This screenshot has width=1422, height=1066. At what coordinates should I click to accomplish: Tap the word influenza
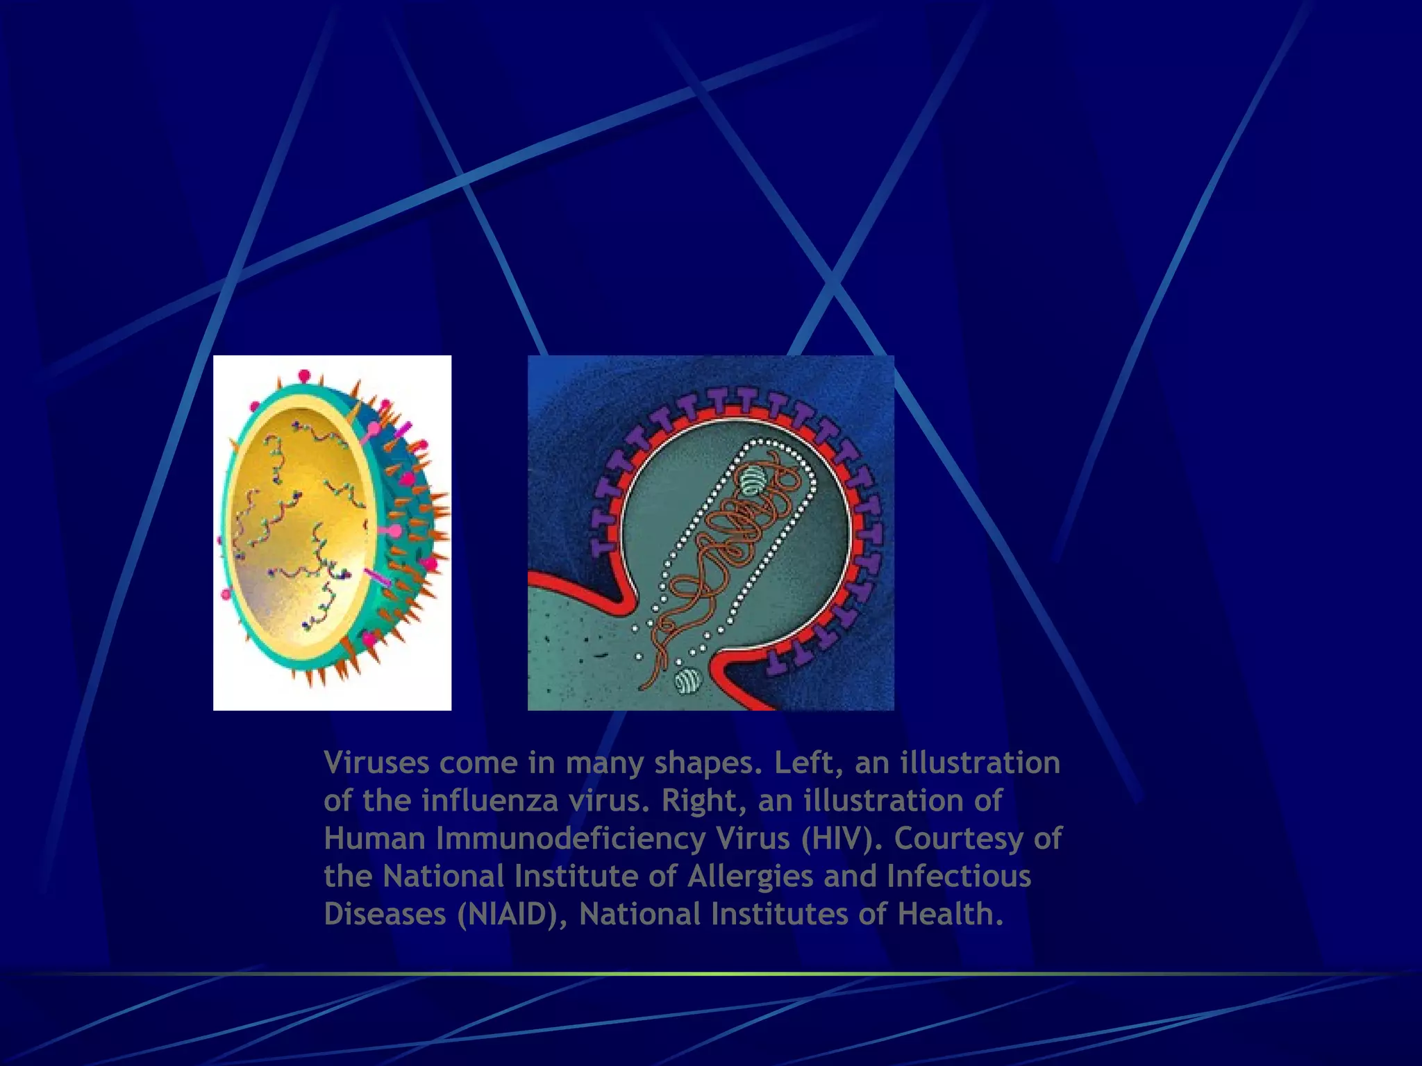pos(490,801)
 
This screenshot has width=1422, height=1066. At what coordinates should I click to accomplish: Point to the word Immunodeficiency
pos(571,838)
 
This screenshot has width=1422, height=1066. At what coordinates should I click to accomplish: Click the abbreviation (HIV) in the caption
pos(842,838)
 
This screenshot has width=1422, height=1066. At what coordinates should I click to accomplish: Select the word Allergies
pos(750,877)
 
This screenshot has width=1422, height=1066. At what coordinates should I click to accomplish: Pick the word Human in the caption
pos(374,838)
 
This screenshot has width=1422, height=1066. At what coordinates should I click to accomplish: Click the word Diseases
pos(385,914)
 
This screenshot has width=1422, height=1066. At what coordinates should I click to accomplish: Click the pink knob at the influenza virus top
pos(304,375)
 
